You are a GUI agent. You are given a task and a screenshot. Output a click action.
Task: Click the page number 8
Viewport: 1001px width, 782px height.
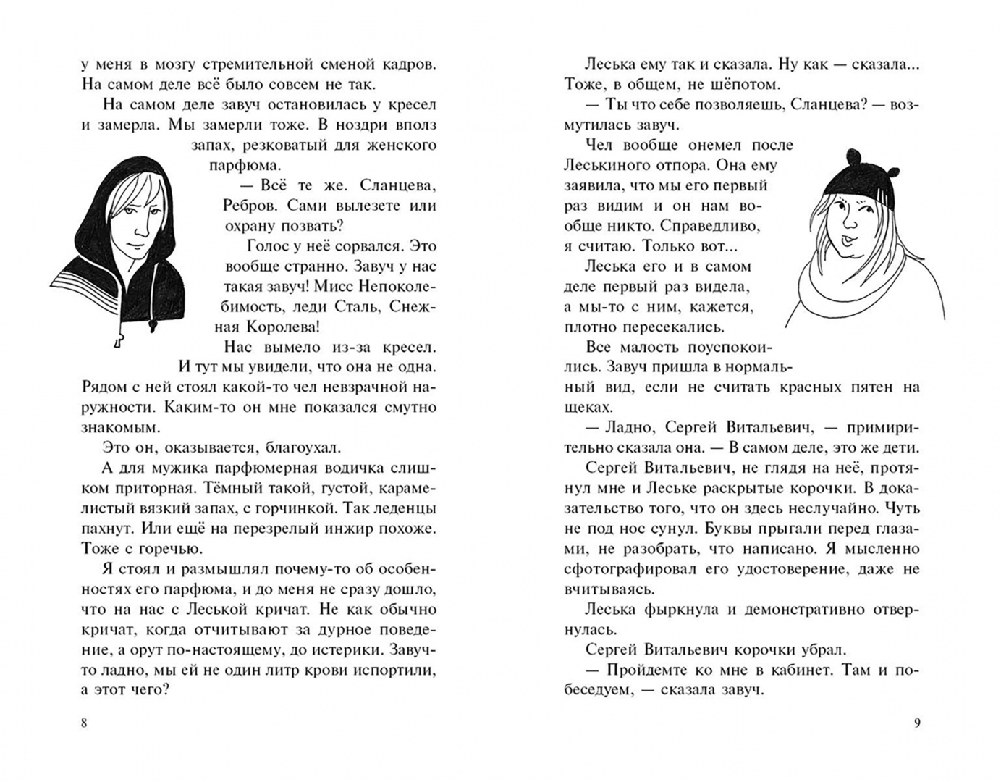pyautogui.click(x=84, y=723)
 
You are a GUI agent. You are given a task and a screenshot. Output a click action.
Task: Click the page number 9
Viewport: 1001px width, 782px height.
pyautogui.click(x=917, y=723)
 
